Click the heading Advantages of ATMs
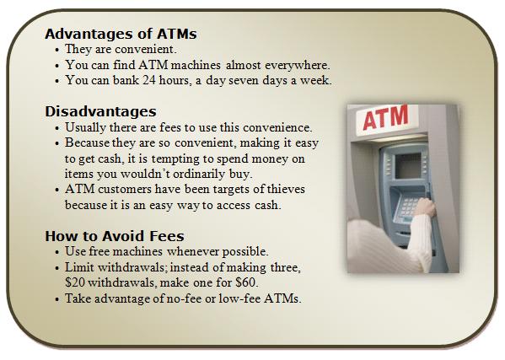point(121,34)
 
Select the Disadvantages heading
point(100,111)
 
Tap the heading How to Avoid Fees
point(115,236)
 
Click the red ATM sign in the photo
point(385,117)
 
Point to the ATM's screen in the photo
point(408,165)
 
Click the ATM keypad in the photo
point(406,207)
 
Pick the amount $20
point(75,282)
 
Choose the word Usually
point(86,127)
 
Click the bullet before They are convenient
point(57,51)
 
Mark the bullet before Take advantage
point(57,299)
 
